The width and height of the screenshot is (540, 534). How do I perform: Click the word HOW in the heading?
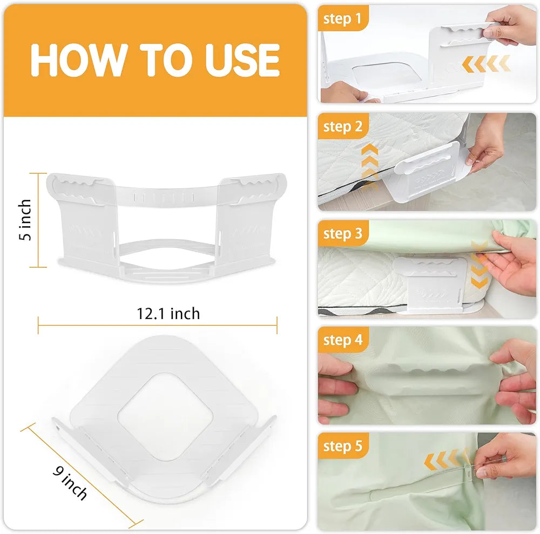click(77, 60)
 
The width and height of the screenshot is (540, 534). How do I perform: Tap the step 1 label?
click(342, 18)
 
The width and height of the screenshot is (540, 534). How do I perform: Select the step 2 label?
click(343, 126)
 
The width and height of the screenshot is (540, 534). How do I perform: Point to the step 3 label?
click(343, 233)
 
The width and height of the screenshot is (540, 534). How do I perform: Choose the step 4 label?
click(343, 340)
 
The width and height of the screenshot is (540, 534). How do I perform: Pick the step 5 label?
click(343, 446)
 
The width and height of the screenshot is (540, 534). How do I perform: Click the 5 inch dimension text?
click(25, 220)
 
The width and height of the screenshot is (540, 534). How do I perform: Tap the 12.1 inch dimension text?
click(168, 314)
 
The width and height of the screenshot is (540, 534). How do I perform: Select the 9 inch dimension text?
click(70, 482)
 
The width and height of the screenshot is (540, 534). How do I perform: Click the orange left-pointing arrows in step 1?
click(486, 64)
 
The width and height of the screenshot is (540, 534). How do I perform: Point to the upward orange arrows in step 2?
click(369, 166)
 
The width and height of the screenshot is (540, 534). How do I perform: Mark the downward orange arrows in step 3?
click(480, 265)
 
